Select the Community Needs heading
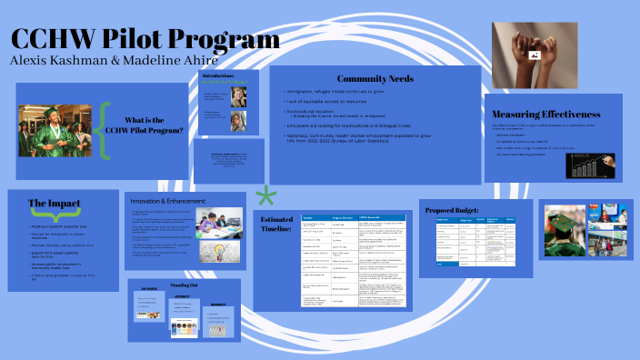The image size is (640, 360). click(375, 79)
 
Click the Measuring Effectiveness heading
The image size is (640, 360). click(555, 115)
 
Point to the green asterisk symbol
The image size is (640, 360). click(265, 196)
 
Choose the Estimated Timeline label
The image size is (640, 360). click(277, 225)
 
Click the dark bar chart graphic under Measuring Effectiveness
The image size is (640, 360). click(590, 164)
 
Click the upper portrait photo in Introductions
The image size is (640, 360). click(239, 96)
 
